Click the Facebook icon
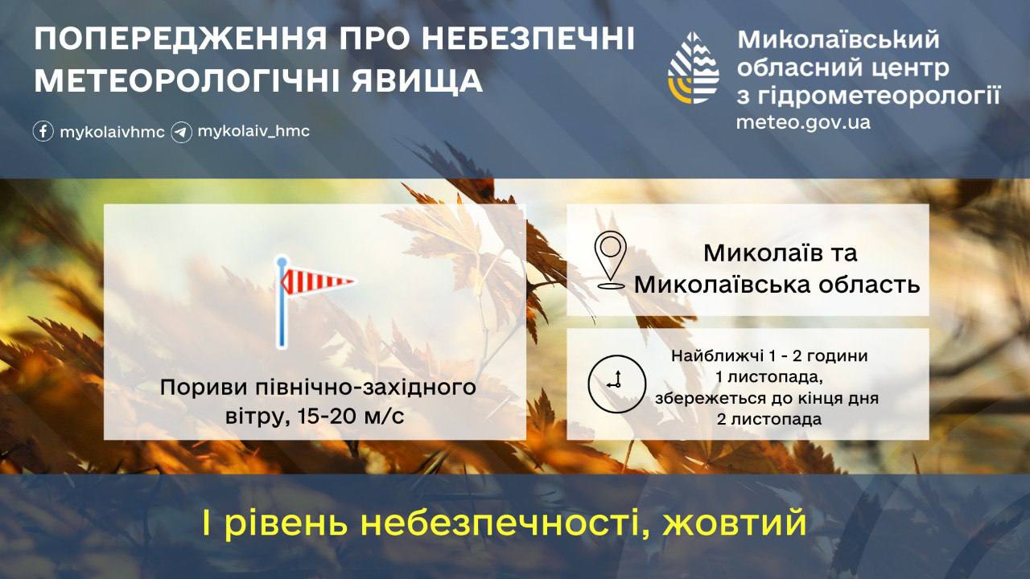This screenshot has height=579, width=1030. (x=43, y=132)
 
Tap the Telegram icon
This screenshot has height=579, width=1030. (x=181, y=133)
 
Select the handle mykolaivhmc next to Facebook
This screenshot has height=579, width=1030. (x=112, y=133)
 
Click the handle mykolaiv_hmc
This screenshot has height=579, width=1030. (x=253, y=132)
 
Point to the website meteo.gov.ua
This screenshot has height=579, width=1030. (x=803, y=122)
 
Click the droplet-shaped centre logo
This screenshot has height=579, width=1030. (x=694, y=68)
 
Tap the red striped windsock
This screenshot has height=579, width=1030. (x=318, y=281)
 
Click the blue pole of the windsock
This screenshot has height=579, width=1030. (x=282, y=302)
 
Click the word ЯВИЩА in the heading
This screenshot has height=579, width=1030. (x=417, y=81)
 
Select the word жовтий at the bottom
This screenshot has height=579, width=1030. (x=735, y=523)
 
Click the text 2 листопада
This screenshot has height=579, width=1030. (x=768, y=420)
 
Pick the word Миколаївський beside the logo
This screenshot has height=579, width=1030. (x=839, y=40)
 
